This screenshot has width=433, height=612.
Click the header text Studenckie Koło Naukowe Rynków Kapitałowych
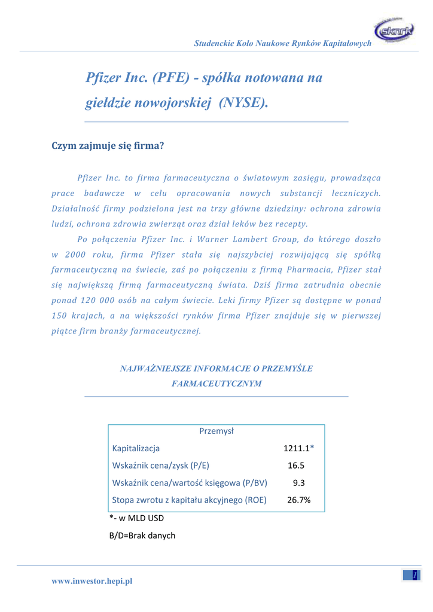pyautogui.click(x=283, y=44)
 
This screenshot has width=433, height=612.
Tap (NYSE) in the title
pyautogui.click(x=243, y=103)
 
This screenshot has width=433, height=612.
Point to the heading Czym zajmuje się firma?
pyautogui.click(x=108, y=145)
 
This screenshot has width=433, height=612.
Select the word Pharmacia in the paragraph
pyautogui.click(x=319, y=270)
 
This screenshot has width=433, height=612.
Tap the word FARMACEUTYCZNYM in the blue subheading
pyautogui.click(x=216, y=384)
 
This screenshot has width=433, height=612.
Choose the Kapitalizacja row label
pyautogui.click(x=136, y=448)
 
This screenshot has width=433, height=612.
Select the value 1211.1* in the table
pyautogui.click(x=298, y=448)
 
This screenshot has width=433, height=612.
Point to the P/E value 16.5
pyautogui.click(x=296, y=466)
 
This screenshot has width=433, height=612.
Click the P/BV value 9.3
pyautogui.click(x=299, y=483)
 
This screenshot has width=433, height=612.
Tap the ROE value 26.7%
pyautogui.click(x=298, y=500)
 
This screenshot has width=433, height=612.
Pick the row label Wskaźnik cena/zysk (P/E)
pyautogui.click(x=161, y=466)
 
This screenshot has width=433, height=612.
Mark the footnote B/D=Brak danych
pyautogui.click(x=142, y=535)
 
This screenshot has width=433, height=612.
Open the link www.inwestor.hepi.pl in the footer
pyautogui.click(x=92, y=581)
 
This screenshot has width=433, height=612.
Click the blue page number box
pyautogui.click(x=411, y=575)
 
